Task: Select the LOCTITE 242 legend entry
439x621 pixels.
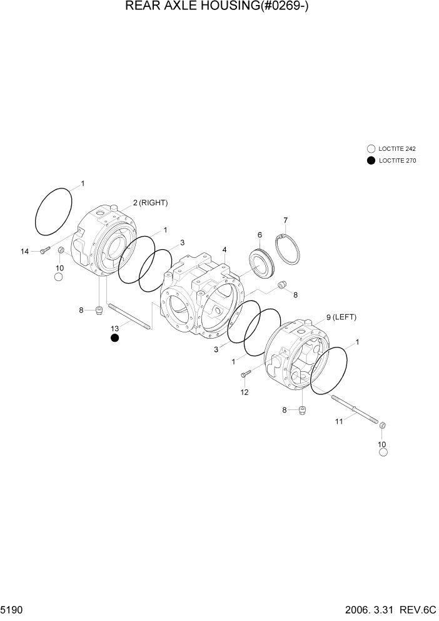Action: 391,149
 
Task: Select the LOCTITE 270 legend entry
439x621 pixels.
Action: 391,160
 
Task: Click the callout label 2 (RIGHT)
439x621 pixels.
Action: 150,203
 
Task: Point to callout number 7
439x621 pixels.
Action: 285,220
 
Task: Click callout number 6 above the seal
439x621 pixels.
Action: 259,235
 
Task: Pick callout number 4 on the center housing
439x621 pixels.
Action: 224,250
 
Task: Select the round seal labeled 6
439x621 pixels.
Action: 261,262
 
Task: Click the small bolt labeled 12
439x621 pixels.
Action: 245,374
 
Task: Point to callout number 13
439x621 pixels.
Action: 114,328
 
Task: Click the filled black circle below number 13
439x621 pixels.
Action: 114,339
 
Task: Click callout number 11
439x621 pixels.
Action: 338,422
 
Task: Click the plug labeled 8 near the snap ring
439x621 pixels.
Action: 281,285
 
